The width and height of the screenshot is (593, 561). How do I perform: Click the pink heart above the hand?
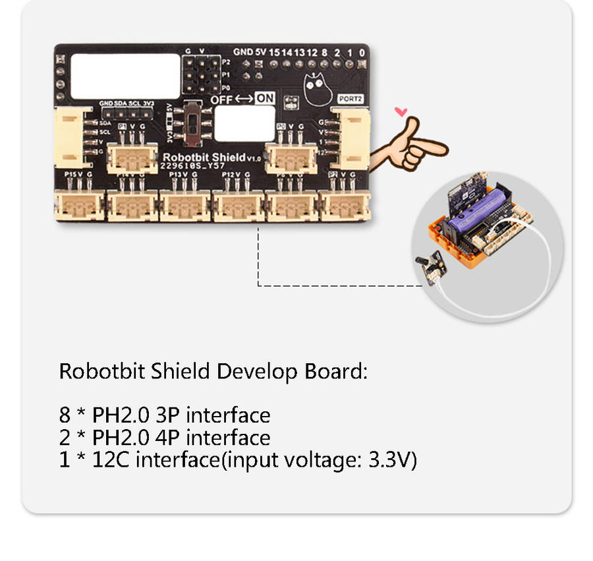click(400, 111)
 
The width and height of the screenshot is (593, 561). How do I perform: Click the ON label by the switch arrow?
click(264, 98)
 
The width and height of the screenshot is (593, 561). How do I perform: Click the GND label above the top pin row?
click(242, 51)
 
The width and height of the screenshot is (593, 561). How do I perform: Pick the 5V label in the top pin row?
click(260, 51)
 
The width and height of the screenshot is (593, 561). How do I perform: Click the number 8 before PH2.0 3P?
click(64, 415)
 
